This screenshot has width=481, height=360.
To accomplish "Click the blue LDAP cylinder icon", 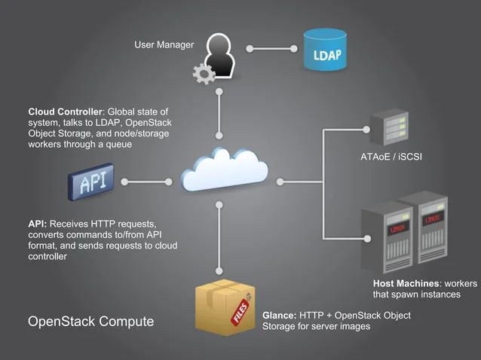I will pyautogui.click(x=326, y=50).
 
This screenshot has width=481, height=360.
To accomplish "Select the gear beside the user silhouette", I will pyautogui.click(x=203, y=74).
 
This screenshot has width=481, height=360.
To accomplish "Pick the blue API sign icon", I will pyautogui.click(x=91, y=182).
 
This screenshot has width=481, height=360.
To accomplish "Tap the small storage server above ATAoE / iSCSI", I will pyautogui.click(x=391, y=128).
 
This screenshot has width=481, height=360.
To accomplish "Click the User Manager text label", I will pyautogui.click(x=164, y=45).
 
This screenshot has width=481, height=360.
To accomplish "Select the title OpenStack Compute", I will pyautogui.click(x=90, y=322).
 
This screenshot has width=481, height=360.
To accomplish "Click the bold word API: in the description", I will pyautogui.click(x=38, y=224).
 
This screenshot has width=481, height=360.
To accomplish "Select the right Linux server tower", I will pyautogui.click(x=427, y=226).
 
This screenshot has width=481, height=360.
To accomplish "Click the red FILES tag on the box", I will pyautogui.click(x=240, y=316).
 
